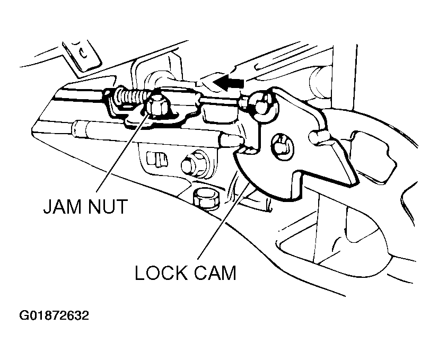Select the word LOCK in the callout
[161, 273]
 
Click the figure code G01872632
[54, 315]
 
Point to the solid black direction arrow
[229, 82]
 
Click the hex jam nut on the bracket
[157, 106]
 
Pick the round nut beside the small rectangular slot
[192, 165]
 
